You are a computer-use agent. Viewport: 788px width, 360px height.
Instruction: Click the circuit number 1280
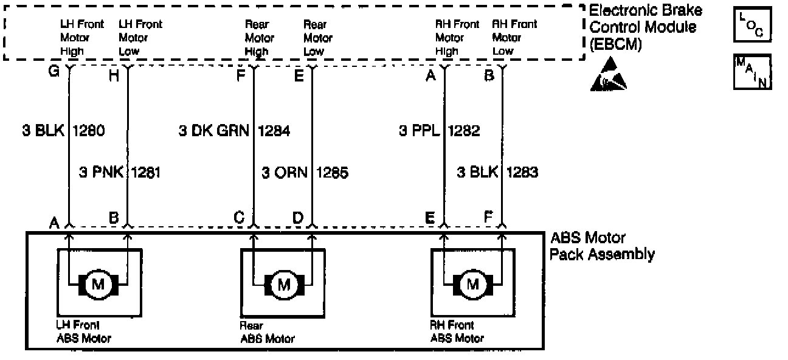89,131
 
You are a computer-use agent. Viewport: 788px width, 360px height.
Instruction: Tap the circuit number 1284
274,131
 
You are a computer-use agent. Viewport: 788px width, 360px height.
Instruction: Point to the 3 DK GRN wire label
213,131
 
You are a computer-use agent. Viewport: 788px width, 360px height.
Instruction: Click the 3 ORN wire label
284,173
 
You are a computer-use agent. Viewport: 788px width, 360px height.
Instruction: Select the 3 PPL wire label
419,131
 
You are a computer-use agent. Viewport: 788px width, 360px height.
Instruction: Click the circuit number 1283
522,173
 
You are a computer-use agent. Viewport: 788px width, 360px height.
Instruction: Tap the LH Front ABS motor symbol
98,284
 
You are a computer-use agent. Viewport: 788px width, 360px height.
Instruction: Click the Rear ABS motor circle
284,284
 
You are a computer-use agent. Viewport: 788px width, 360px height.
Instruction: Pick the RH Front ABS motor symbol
472,284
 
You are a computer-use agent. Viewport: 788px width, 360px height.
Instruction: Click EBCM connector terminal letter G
54,71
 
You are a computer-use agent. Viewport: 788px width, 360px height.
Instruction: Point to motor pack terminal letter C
239,217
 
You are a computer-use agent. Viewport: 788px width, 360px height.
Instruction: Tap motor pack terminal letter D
298,217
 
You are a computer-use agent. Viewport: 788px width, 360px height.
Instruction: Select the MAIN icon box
753,72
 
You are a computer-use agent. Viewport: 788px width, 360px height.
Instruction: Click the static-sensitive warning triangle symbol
608,76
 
